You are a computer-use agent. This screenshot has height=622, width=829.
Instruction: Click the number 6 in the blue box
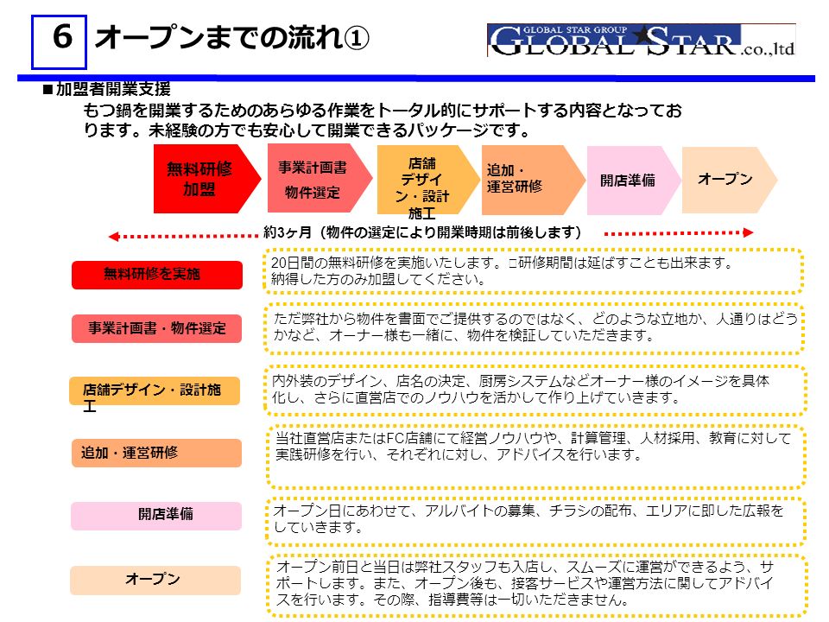[62, 37]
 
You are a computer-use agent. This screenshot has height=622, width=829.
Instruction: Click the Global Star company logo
[642, 41]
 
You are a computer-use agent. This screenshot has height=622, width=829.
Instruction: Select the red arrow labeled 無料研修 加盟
[206, 179]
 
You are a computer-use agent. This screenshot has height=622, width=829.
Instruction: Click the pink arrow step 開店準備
[633, 181]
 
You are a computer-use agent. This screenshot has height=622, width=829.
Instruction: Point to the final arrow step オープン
[729, 181]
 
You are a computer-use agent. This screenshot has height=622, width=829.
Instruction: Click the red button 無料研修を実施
[157, 275]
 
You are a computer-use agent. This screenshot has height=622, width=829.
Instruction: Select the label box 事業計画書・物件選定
[156, 328]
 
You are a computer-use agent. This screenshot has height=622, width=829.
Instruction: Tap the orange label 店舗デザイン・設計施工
[155, 390]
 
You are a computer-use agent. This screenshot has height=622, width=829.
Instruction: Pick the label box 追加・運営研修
[156, 453]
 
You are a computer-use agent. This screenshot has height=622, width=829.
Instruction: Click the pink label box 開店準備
[156, 516]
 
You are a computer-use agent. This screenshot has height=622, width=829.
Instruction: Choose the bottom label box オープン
[155, 581]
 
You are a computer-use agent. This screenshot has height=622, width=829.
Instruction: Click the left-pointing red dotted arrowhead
[113, 237]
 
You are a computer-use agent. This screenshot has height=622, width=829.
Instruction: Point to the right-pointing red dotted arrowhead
[748, 232]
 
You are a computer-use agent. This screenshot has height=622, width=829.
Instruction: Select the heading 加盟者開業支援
[113, 89]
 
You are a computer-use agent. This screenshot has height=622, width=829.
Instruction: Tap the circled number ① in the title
[357, 38]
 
